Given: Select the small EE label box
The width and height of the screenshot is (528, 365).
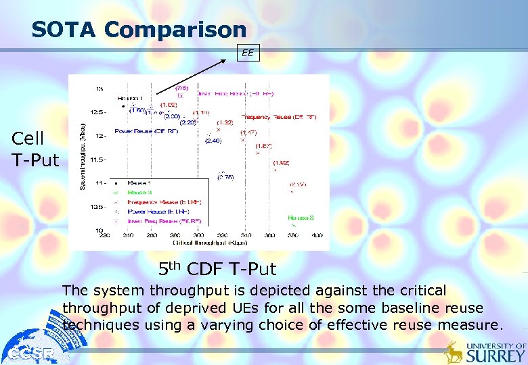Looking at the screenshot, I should click(248, 53).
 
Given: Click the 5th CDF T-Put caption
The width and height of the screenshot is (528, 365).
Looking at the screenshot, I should click(217, 269).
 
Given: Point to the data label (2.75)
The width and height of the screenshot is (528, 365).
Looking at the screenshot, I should click(225, 176).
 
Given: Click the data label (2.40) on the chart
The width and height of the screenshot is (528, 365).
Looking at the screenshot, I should click(213, 141).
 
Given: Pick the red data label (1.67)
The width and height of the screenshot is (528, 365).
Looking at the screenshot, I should click(263, 146).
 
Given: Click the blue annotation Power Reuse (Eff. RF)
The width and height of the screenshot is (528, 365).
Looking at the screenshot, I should click(146, 131).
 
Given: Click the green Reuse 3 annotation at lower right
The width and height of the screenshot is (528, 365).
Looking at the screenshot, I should click(301, 218).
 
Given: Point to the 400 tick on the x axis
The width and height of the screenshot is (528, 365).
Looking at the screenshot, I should click(317, 235).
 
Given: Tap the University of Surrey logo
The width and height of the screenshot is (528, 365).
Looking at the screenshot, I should click(485, 351).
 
